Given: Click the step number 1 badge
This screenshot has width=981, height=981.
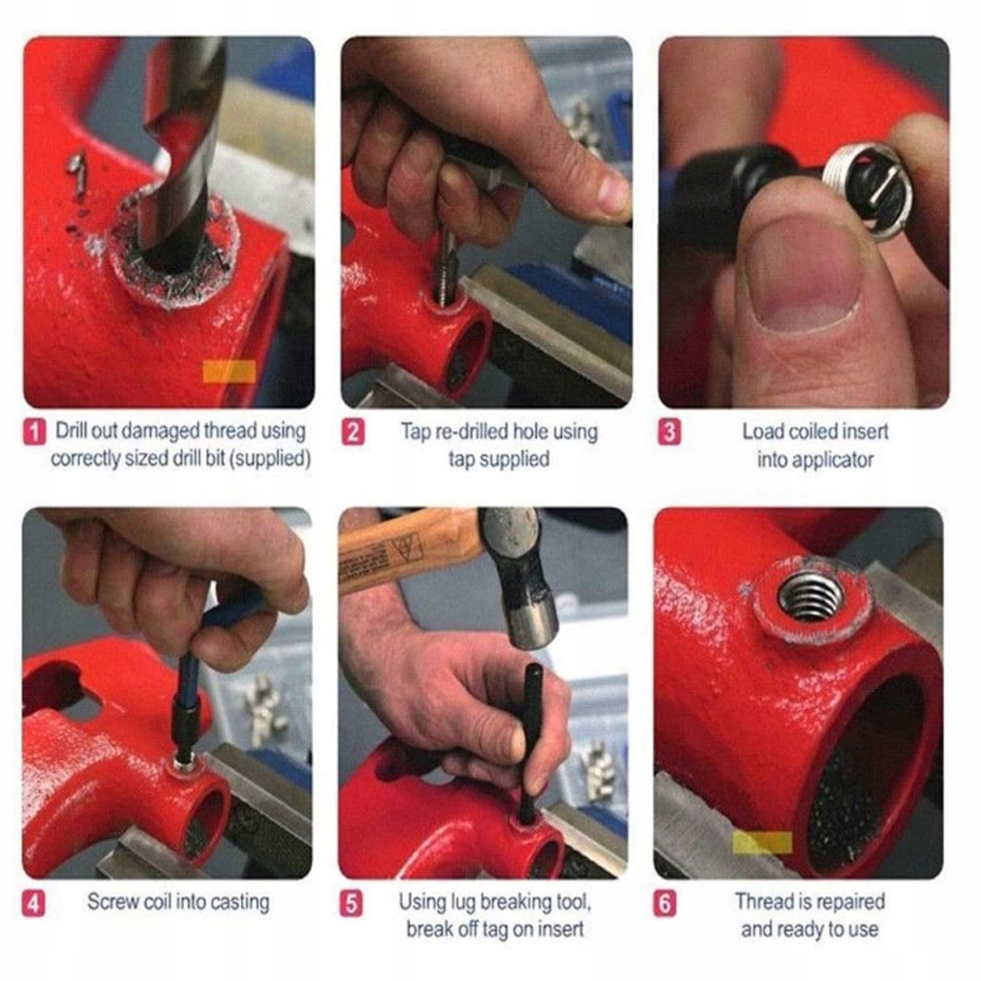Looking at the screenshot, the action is pos(34,433).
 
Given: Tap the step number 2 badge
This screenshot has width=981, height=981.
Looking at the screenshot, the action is pos(352,433).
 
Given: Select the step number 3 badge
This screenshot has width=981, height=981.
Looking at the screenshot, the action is pos(669,433).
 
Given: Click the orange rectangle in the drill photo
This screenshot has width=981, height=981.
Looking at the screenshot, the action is pos(229,371).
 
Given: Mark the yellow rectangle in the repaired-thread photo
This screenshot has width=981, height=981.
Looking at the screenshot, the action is pos(762,843).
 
